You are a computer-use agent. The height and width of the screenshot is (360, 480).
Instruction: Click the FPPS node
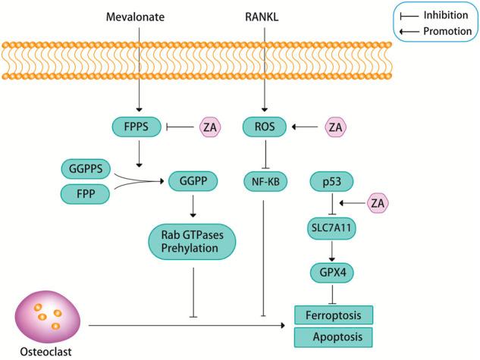136,127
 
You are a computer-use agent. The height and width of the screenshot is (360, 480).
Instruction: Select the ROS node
265,127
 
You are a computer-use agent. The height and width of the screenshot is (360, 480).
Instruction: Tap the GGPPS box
86,169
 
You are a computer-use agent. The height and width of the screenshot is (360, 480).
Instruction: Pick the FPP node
85,194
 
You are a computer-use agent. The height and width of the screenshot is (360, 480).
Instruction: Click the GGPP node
193,181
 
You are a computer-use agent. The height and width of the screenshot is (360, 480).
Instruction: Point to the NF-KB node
265,182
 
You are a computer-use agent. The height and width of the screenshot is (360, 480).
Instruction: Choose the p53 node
332,182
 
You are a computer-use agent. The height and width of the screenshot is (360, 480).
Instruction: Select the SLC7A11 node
331,228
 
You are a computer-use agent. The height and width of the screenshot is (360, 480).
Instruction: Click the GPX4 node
332,273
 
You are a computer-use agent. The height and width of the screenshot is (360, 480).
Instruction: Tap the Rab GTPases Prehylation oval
193,242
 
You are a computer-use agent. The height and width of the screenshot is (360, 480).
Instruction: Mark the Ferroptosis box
334,315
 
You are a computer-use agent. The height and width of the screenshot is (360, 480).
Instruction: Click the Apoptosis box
334,337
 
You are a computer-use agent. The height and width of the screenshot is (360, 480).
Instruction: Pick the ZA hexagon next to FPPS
210,127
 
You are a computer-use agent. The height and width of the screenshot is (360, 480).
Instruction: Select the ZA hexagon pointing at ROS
335,127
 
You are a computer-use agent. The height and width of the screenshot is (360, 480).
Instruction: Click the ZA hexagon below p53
378,203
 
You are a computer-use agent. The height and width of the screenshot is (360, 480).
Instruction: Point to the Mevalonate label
135,17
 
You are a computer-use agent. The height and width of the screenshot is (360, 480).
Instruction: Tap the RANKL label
262,17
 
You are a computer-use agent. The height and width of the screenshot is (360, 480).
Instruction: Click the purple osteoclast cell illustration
48,317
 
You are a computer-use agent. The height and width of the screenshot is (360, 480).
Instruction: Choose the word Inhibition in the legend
446,15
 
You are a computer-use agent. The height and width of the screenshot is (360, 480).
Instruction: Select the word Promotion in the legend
447,31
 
